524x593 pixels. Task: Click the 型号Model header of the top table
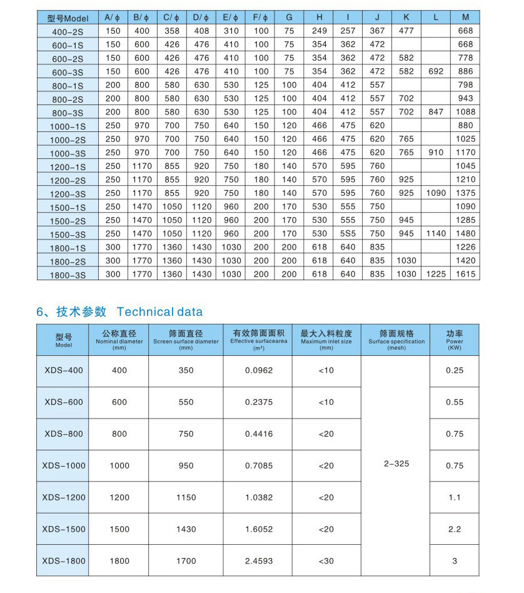tap(68, 18)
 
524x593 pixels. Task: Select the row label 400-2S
tap(68, 31)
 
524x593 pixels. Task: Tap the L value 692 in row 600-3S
tap(436, 72)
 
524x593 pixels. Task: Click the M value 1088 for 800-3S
tap(465, 113)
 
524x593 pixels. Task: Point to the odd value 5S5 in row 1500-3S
tap(348, 234)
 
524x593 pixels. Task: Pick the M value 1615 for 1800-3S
tap(465, 275)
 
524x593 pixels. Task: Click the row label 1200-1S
tap(68, 166)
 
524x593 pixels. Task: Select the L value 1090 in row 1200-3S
tap(436, 193)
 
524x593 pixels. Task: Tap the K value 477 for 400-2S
tap(406, 31)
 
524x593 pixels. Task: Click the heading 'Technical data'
tap(159, 312)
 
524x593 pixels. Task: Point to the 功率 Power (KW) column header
tap(455, 339)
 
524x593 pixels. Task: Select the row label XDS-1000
tap(64, 466)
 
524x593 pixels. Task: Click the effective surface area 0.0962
tap(259, 371)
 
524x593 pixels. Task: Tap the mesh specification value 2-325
tap(396, 464)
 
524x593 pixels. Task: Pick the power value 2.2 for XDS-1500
tap(455, 530)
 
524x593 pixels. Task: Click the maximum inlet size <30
tap(326, 562)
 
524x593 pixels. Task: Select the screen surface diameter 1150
tap(186, 498)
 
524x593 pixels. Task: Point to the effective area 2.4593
tap(259, 562)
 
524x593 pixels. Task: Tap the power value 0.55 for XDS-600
tap(455, 403)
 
